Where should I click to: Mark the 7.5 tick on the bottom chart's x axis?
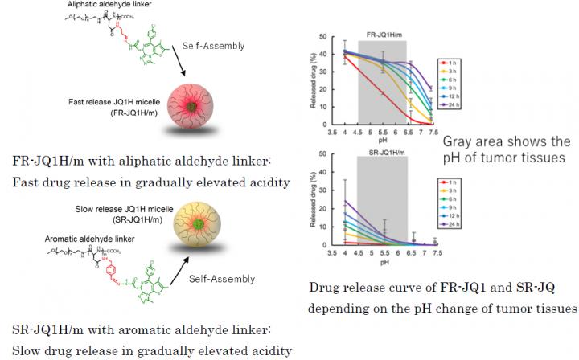(x=435, y=252)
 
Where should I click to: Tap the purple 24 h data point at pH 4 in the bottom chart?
(x=345, y=201)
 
